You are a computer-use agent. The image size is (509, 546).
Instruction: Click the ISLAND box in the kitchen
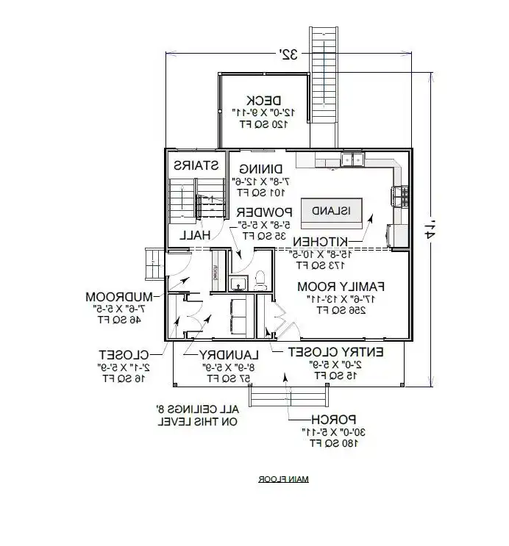tap(332, 210)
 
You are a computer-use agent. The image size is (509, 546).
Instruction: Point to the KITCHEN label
tap(319, 242)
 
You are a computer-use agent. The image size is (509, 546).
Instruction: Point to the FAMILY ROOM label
tap(331, 286)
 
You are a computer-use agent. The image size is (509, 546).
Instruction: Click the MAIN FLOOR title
tap(283, 479)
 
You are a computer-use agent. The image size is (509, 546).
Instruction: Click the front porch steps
tap(282, 397)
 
